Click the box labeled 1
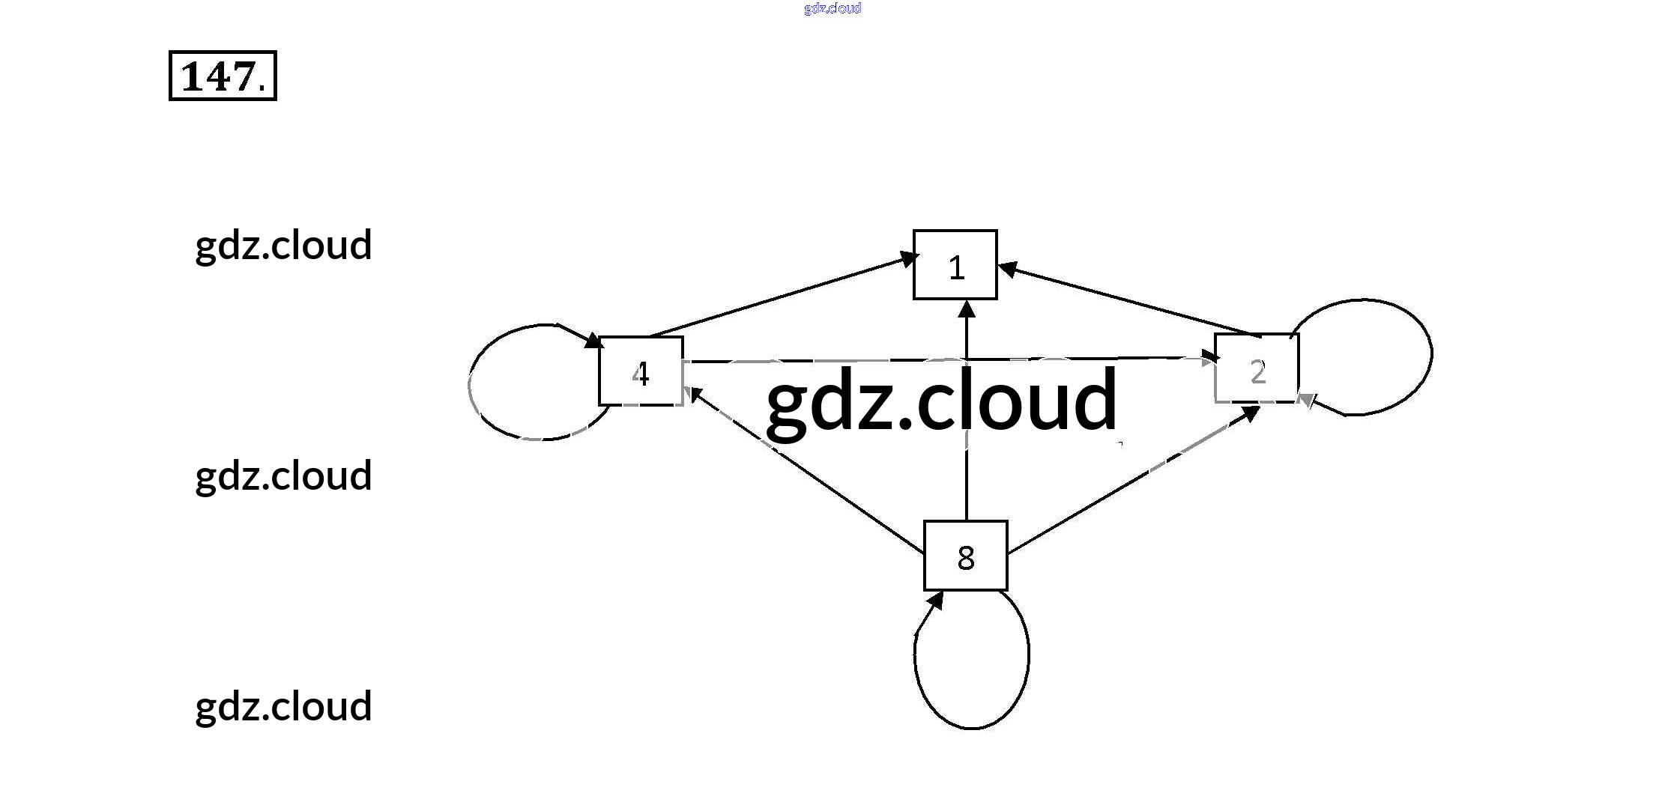(x=955, y=265)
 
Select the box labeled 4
(x=641, y=371)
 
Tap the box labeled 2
(x=1257, y=368)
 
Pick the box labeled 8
(x=965, y=556)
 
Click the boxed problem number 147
(x=223, y=76)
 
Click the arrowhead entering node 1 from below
(x=967, y=309)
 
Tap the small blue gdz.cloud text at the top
(x=832, y=8)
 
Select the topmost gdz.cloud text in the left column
(x=283, y=245)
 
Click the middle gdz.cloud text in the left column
(x=283, y=476)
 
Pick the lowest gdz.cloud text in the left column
(x=283, y=706)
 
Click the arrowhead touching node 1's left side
(x=907, y=259)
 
